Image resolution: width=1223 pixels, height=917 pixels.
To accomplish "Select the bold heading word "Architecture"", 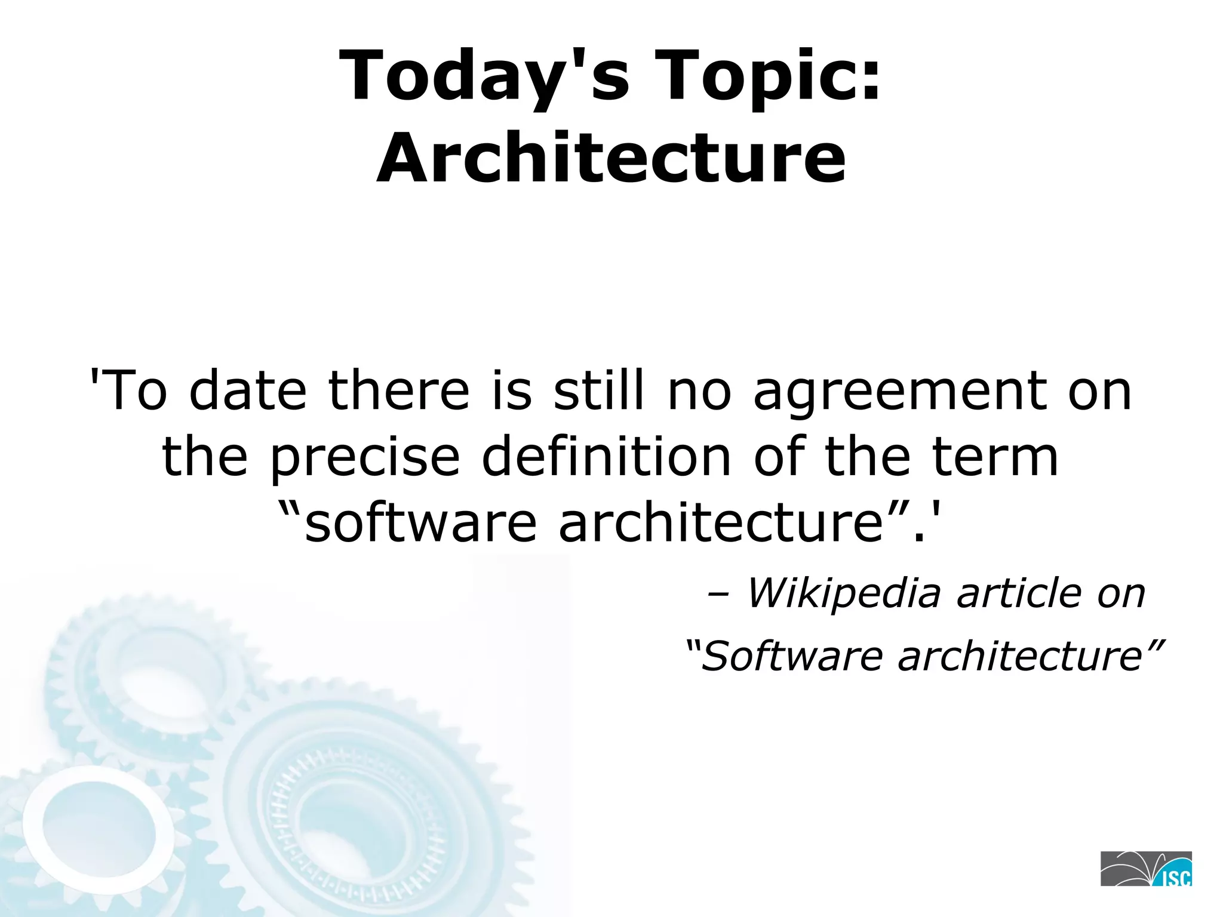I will [x=611, y=158].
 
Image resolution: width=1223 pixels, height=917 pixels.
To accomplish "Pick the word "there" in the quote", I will [x=399, y=391].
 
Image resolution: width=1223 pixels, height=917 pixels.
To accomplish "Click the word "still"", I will [x=599, y=391].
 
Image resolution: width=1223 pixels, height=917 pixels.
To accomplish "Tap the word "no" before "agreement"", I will [x=699, y=391].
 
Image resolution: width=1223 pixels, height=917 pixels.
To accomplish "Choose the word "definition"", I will [x=606, y=457].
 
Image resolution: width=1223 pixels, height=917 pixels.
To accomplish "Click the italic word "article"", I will [x=1018, y=593].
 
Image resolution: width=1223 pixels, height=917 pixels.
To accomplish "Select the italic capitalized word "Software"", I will [x=791, y=656].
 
